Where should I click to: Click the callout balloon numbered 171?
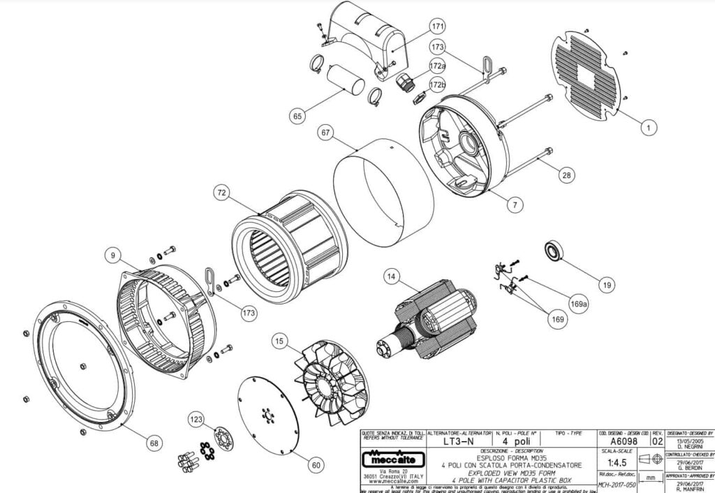pos(438,27)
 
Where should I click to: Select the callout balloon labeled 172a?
pos(438,66)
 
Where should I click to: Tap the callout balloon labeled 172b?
pos(438,85)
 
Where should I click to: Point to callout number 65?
pos(298,117)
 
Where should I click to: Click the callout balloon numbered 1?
pos(649,128)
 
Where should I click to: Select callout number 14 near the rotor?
pos(392,277)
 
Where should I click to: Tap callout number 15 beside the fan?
pos(279,341)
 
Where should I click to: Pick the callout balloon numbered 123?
pos(197,419)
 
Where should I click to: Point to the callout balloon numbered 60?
pos(316,464)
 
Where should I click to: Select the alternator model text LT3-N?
pos(457,443)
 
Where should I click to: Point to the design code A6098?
pos(622,442)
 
